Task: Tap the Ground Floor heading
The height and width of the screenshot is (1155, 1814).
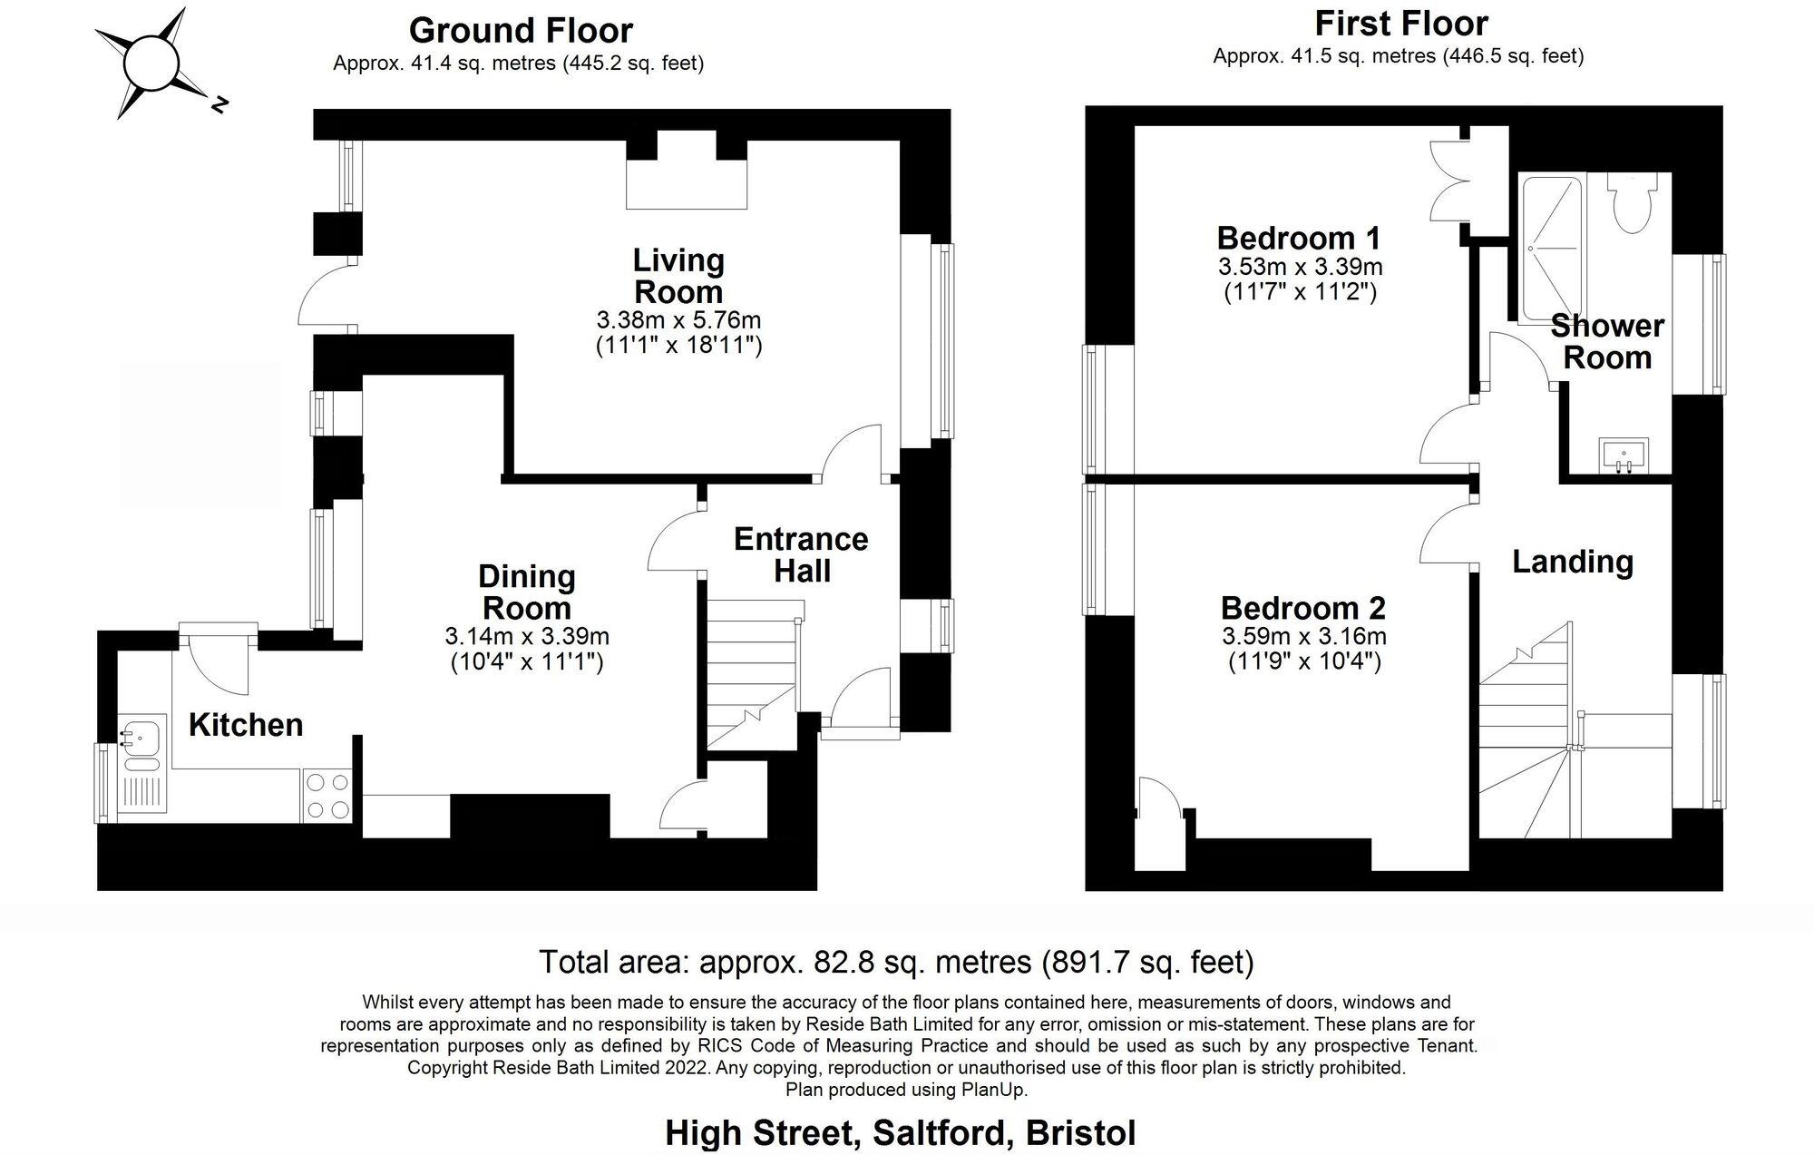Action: click(x=521, y=30)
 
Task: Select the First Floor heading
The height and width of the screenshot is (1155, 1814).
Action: click(x=1401, y=23)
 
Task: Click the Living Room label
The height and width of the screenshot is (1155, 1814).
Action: click(x=678, y=276)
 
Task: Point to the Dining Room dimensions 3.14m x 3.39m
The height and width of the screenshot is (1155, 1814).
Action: click(x=527, y=636)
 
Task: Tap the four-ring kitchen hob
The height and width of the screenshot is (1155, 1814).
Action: click(x=327, y=796)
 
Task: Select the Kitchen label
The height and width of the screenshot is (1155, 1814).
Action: click(x=246, y=725)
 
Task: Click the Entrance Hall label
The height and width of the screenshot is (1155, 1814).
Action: click(x=801, y=555)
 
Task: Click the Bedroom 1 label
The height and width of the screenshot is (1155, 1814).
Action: click(x=1299, y=239)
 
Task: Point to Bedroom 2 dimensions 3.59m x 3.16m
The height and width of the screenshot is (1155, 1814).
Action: click(x=1304, y=637)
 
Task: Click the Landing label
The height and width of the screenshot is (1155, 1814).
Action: click(x=1573, y=562)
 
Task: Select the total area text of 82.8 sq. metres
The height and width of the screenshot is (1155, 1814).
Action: click(x=896, y=962)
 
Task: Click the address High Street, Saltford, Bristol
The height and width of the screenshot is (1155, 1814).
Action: click(x=900, y=1133)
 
